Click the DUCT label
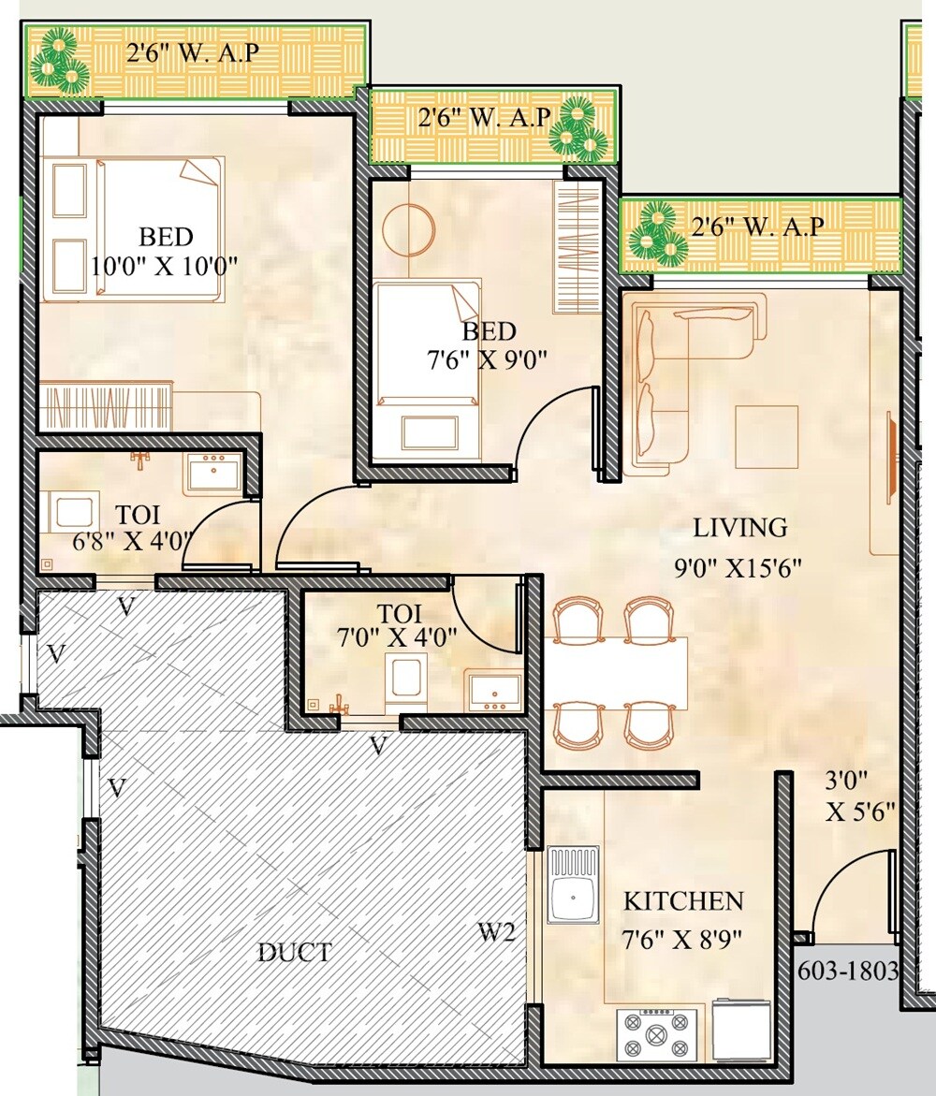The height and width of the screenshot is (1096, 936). [x=295, y=954]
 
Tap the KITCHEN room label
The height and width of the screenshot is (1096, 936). [x=683, y=901]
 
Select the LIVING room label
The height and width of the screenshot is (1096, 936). [x=739, y=528]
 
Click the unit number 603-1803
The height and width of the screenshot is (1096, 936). [x=848, y=971]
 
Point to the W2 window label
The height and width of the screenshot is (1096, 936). [x=495, y=932]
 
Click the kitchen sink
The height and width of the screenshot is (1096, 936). [x=573, y=885]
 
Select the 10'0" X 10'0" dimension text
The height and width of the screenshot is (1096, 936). [x=165, y=265]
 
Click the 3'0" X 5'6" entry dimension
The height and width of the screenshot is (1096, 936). [x=860, y=796]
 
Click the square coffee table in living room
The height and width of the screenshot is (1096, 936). [x=766, y=436]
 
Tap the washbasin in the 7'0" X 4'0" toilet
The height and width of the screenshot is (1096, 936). [x=495, y=691]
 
